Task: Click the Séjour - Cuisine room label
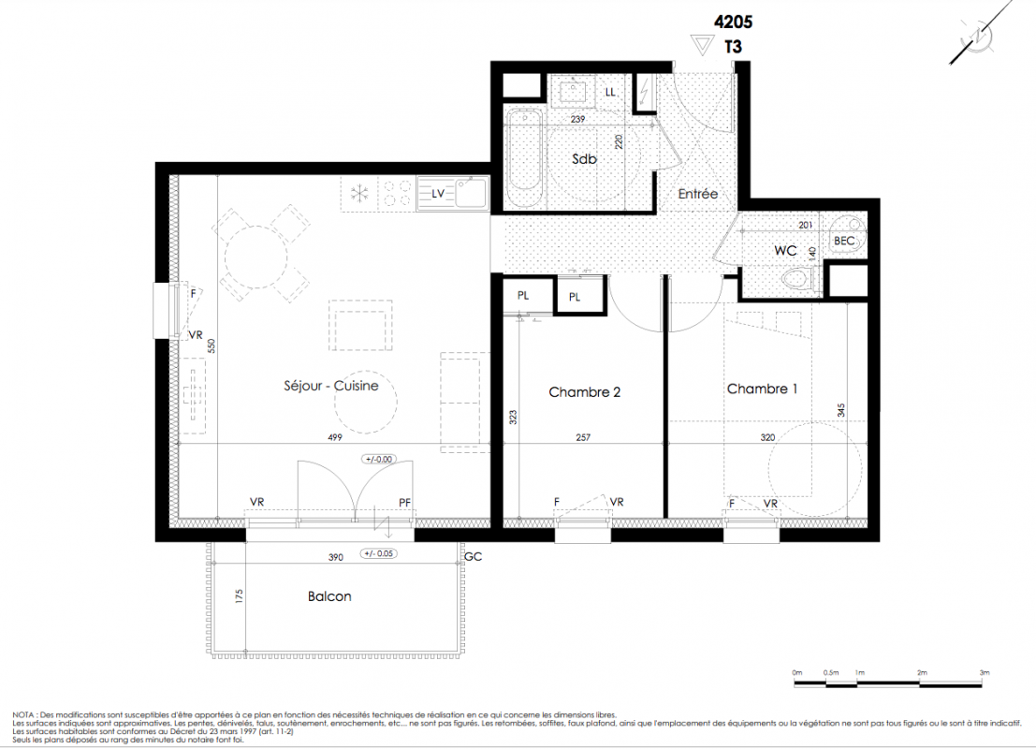[331, 386]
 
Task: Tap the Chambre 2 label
[584, 392]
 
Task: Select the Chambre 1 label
[762, 389]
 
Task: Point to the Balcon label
[329, 596]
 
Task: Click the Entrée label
[698, 194]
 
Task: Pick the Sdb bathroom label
[584, 158]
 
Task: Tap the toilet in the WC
[796, 278]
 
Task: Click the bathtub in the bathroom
[525, 158]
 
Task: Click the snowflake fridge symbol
[358, 194]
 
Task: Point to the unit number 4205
[733, 22]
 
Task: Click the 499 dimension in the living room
[335, 437]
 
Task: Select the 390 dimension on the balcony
[336, 557]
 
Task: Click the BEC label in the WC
[844, 242]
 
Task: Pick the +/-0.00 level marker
[379, 459]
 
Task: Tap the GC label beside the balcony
[473, 557]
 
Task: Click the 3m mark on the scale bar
[985, 673]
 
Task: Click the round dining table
[256, 257]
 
